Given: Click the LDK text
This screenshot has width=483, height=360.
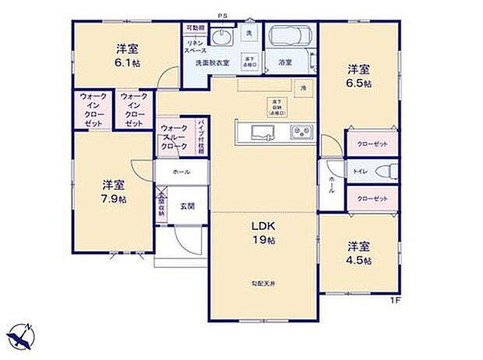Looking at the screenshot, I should click(262, 226).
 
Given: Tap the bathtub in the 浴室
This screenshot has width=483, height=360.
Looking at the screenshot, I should click(289, 37).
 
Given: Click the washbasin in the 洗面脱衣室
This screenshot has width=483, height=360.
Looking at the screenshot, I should click(222, 39).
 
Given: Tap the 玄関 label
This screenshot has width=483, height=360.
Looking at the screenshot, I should click(187, 206).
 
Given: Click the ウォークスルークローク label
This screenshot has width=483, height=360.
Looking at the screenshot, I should click(173, 136).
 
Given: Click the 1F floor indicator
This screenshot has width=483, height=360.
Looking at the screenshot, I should click(395, 300).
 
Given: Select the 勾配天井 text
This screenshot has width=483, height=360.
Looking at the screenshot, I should click(263, 282).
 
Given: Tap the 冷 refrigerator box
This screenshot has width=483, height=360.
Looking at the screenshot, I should click(305, 89).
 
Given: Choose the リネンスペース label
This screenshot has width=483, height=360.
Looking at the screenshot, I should click(195, 45).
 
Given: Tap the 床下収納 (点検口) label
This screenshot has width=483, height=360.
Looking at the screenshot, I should click(277, 107).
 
